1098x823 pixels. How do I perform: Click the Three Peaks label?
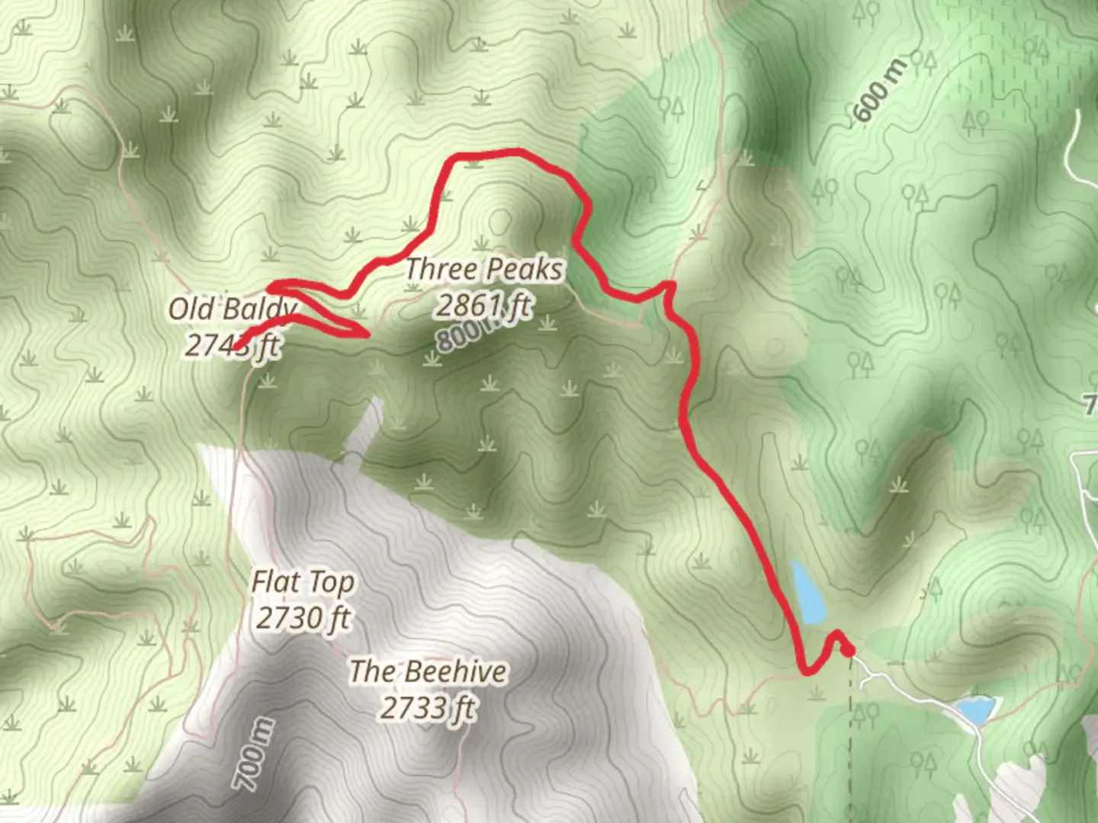tap(483, 269)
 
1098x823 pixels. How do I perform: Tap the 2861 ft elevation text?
tap(483, 306)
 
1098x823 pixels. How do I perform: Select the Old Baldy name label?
tap(232, 309)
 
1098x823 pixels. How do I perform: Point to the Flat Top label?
tap(303, 583)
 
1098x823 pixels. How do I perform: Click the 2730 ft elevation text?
tap(303, 618)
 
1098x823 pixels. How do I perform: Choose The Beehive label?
tap(428, 671)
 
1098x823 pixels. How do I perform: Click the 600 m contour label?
tap(881, 91)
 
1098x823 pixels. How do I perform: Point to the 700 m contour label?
tap(252, 754)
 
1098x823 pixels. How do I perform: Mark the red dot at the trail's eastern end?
tap(848, 649)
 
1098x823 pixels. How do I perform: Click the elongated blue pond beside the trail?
tap(809, 592)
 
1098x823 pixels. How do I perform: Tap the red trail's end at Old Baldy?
tap(238, 348)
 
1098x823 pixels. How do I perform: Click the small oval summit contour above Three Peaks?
tap(500, 222)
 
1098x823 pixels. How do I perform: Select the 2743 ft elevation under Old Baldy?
tap(233, 346)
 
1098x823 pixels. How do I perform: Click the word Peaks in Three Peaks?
tap(524, 269)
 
